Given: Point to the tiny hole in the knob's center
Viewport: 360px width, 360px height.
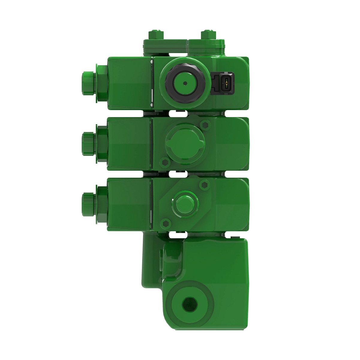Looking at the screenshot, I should (x=185, y=83).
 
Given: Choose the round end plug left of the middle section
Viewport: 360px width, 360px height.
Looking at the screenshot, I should (x=88, y=141).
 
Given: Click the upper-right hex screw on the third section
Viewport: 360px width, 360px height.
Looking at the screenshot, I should (x=205, y=185).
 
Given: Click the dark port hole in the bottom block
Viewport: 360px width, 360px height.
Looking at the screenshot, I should (x=190, y=305).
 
